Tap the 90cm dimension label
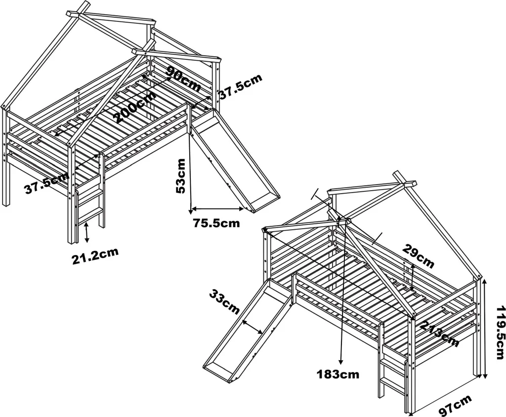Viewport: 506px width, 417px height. tap(183, 79)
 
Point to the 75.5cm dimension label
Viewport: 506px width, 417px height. tap(216, 223)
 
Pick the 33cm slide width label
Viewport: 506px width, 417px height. tap(225, 302)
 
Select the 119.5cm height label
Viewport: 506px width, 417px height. tap(499, 332)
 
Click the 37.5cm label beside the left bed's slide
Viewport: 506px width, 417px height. tap(241, 86)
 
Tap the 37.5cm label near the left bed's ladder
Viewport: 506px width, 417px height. tap(47, 183)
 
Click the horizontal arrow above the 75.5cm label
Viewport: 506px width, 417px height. tap(217, 208)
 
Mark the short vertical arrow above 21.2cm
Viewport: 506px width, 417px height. tap(86, 232)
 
